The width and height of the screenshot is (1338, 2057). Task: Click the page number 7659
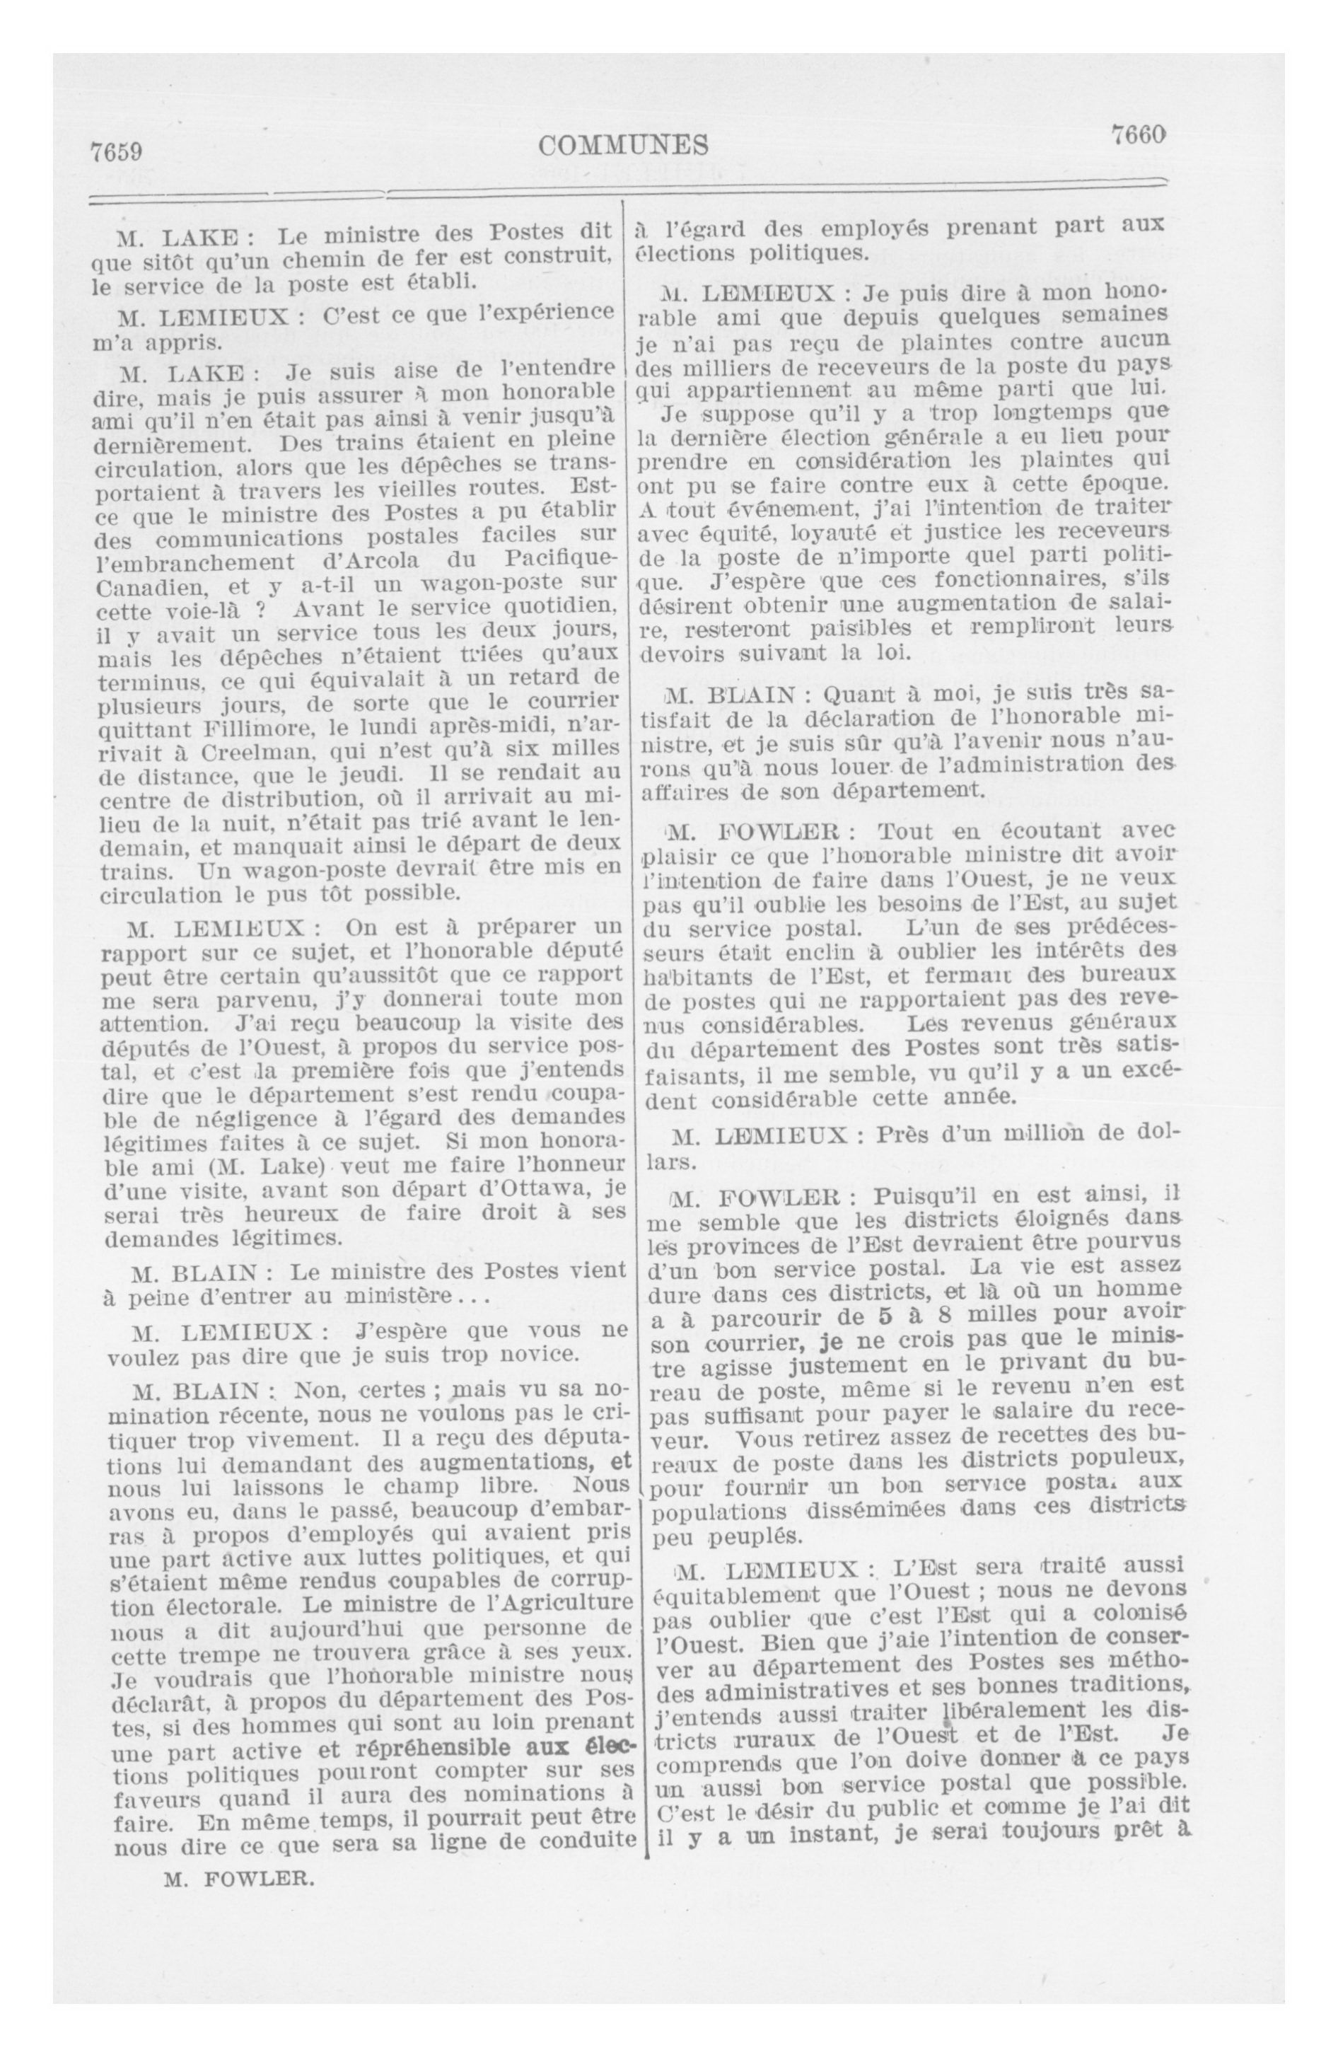117,152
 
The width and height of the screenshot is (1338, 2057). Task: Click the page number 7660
1139,135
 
